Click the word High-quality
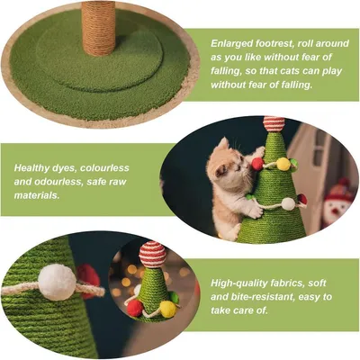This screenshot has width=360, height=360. tap(242, 280)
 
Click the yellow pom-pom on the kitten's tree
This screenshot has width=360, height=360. tap(283, 164)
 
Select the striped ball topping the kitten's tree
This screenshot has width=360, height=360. tap(274, 123)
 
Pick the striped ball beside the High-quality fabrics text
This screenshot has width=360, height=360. tap(153, 253)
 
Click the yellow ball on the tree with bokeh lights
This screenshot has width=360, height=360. tap(167, 309)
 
